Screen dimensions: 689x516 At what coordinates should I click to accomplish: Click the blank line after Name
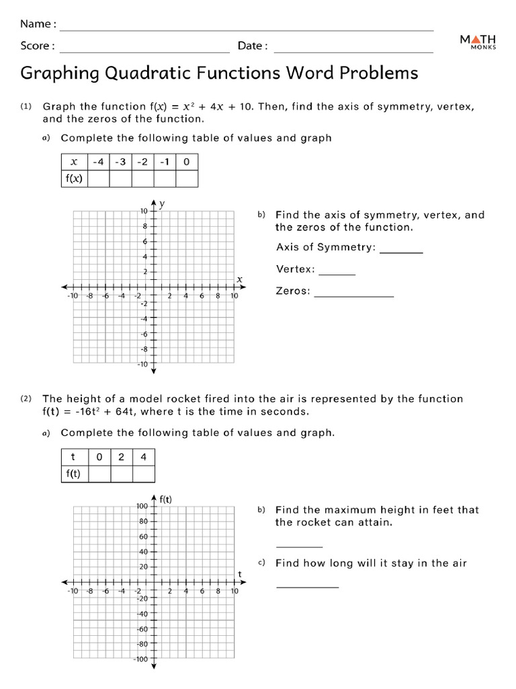click(x=247, y=30)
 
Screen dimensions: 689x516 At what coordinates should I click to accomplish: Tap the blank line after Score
click(x=144, y=51)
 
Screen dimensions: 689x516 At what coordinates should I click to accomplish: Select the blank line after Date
click(x=353, y=51)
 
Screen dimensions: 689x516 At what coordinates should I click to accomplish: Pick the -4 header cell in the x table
click(x=99, y=161)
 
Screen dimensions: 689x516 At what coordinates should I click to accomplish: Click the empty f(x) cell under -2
click(x=142, y=178)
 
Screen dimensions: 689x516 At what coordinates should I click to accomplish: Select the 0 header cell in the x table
click(x=186, y=161)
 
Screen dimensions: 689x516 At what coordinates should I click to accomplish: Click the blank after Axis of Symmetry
click(x=401, y=252)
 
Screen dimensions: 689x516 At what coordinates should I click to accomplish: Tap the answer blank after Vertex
click(x=337, y=274)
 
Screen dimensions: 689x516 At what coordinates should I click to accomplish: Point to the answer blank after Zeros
click(x=353, y=296)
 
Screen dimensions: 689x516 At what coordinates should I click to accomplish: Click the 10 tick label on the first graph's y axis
click(x=143, y=211)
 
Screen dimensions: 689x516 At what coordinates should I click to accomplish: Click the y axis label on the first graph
click(x=163, y=203)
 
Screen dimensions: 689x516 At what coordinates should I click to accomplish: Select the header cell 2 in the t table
click(x=121, y=457)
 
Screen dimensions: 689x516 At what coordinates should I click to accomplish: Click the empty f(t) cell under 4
click(x=143, y=474)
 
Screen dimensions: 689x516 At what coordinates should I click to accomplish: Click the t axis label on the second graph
click(x=239, y=573)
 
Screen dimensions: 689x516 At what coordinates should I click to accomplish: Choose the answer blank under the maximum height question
click(x=299, y=546)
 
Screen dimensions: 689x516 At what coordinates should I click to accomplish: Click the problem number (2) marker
click(x=26, y=399)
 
